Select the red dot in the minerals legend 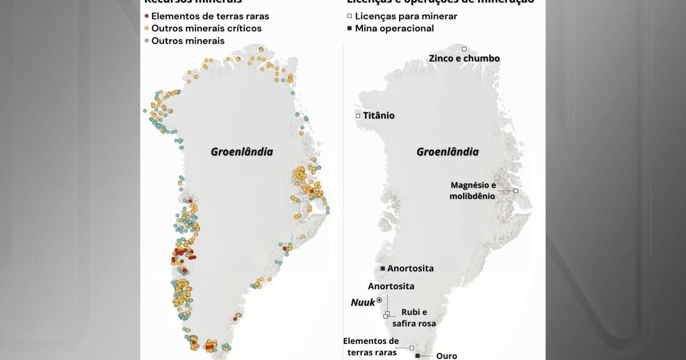(x=147, y=17)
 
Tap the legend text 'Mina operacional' (x=394, y=29)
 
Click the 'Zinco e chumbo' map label (x=465, y=58)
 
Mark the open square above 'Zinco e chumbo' (x=464, y=49)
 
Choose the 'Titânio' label (x=378, y=115)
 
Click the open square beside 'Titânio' (x=358, y=115)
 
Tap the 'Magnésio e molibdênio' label (x=473, y=190)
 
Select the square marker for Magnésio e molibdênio (x=516, y=190)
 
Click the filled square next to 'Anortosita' (x=382, y=269)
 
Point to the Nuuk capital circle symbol (x=379, y=299)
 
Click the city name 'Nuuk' (x=362, y=302)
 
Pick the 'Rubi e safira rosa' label (x=414, y=318)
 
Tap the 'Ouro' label (x=446, y=355)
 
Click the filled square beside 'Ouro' (x=417, y=355)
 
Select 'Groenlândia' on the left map (x=242, y=151)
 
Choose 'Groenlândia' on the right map (x=447, y=151)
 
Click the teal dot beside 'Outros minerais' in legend (x=147, y=41)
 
